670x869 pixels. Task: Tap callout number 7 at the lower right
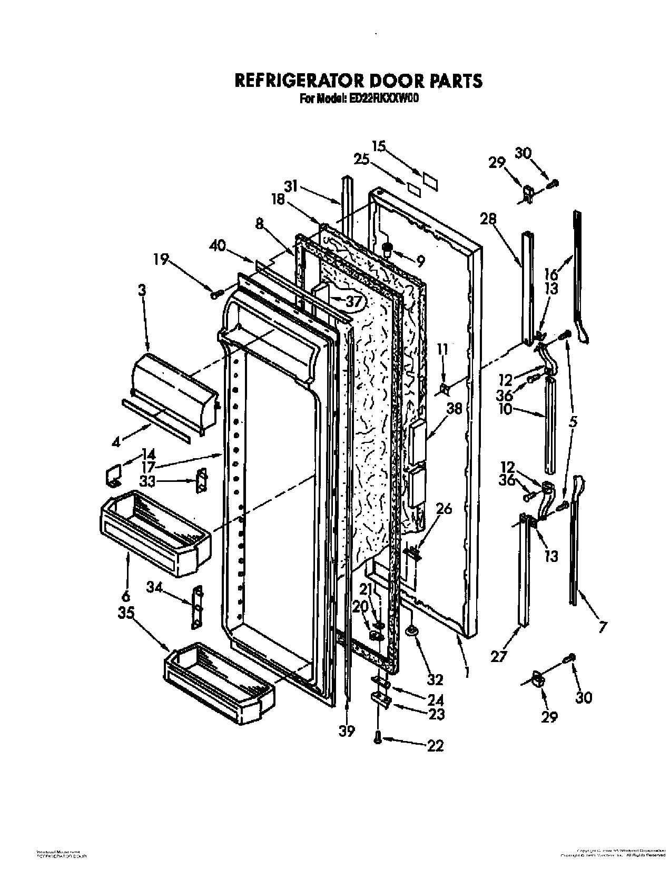603,626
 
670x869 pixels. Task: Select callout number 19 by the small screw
162,259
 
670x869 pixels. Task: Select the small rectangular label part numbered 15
429,180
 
